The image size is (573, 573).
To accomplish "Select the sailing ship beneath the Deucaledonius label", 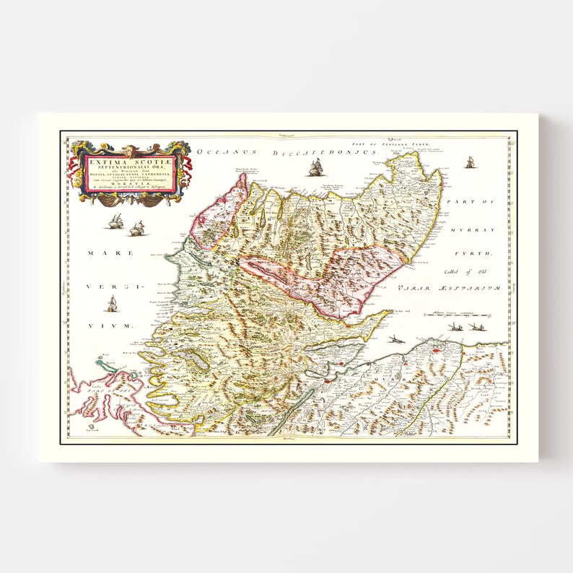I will [x=315, y=169].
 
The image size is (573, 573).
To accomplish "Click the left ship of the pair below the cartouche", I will [x=115, y=222].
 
